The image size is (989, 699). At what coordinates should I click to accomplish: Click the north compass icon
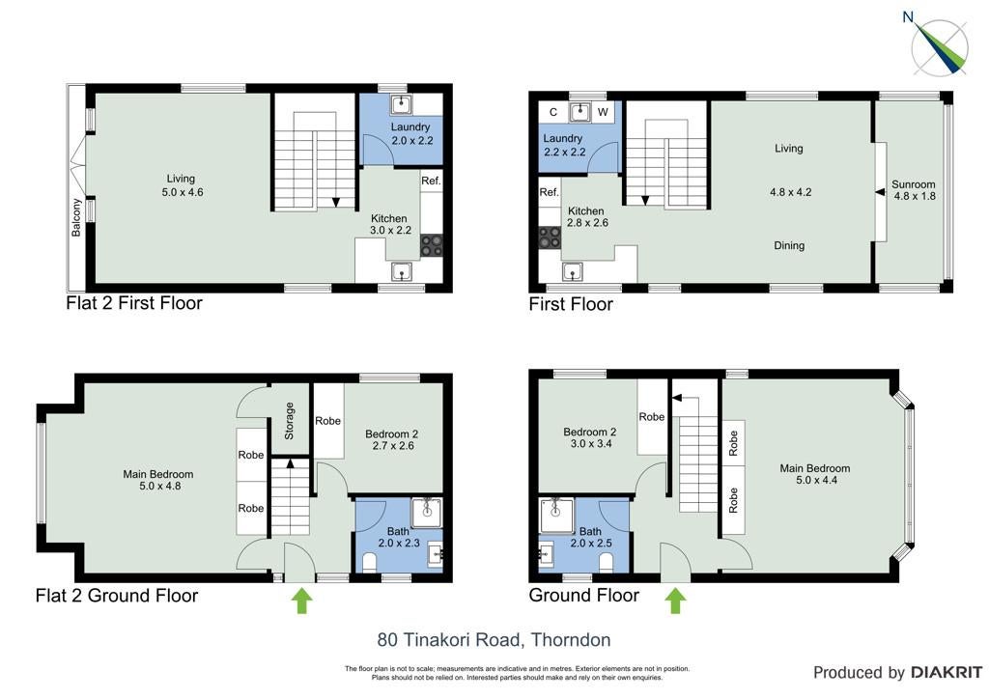click(x=938, y=44)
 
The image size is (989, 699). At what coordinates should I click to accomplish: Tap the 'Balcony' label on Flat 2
click(x=76, y=217)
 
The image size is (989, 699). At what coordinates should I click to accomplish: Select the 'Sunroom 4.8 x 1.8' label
click(x=914, y=190)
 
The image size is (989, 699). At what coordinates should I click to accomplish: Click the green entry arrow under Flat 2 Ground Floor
click(x=302, y=601)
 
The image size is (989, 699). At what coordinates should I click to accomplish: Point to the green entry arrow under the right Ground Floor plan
click(x=675, y=601)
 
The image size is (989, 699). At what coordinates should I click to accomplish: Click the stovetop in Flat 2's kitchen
click(x=432, y=246)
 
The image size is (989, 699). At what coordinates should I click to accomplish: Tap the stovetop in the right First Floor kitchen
click(x=550, y=238)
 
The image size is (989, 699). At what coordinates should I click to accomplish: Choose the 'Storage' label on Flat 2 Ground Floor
click(x=290, y=420)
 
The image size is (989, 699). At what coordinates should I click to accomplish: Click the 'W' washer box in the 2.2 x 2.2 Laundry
click(x=603, y=112)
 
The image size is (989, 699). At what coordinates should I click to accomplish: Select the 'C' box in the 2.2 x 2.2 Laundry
click(x=553, y=112)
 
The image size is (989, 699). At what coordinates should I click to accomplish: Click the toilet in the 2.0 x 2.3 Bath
click(x=370, y=563)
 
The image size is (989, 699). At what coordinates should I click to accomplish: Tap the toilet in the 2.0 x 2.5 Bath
click(x=607, y=563)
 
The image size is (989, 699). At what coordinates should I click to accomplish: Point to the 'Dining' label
click(x=789, y=246)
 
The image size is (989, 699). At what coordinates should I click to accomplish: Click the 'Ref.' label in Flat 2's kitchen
click(x=431, y=181)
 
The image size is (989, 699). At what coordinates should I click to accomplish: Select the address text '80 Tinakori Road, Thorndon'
click(x=494, y=640)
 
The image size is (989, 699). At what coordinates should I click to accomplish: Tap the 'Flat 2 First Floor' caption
click(x=134, y=303)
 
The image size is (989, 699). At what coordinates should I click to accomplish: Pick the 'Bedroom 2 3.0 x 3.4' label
click(x=590, y=437)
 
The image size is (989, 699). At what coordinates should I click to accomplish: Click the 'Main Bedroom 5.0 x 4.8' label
click(x=158, y=480)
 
